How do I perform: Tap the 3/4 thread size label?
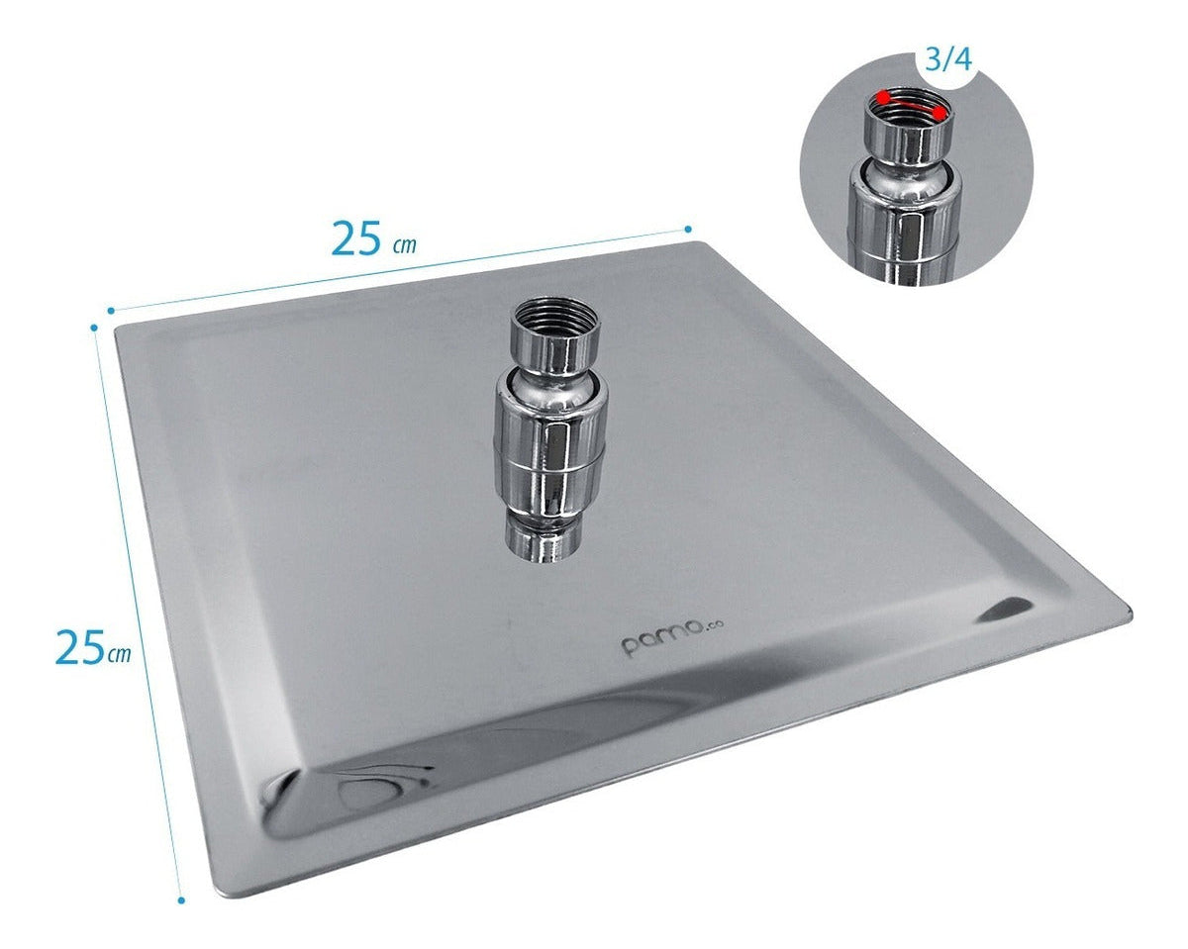[947, 59]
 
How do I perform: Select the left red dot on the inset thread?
[881, 98]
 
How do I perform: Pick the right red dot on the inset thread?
[938, 113]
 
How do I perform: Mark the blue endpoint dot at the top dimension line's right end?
[688, 228]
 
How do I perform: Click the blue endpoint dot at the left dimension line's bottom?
[181, 901]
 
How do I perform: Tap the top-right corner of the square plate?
[700, 243]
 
